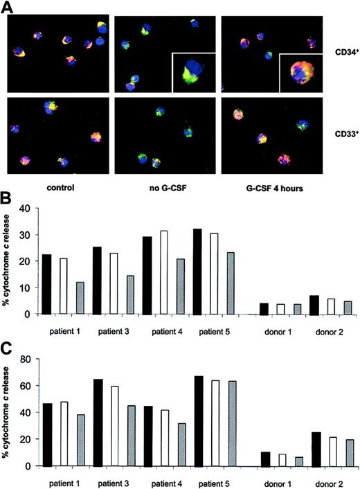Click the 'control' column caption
[x=57, y=187]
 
